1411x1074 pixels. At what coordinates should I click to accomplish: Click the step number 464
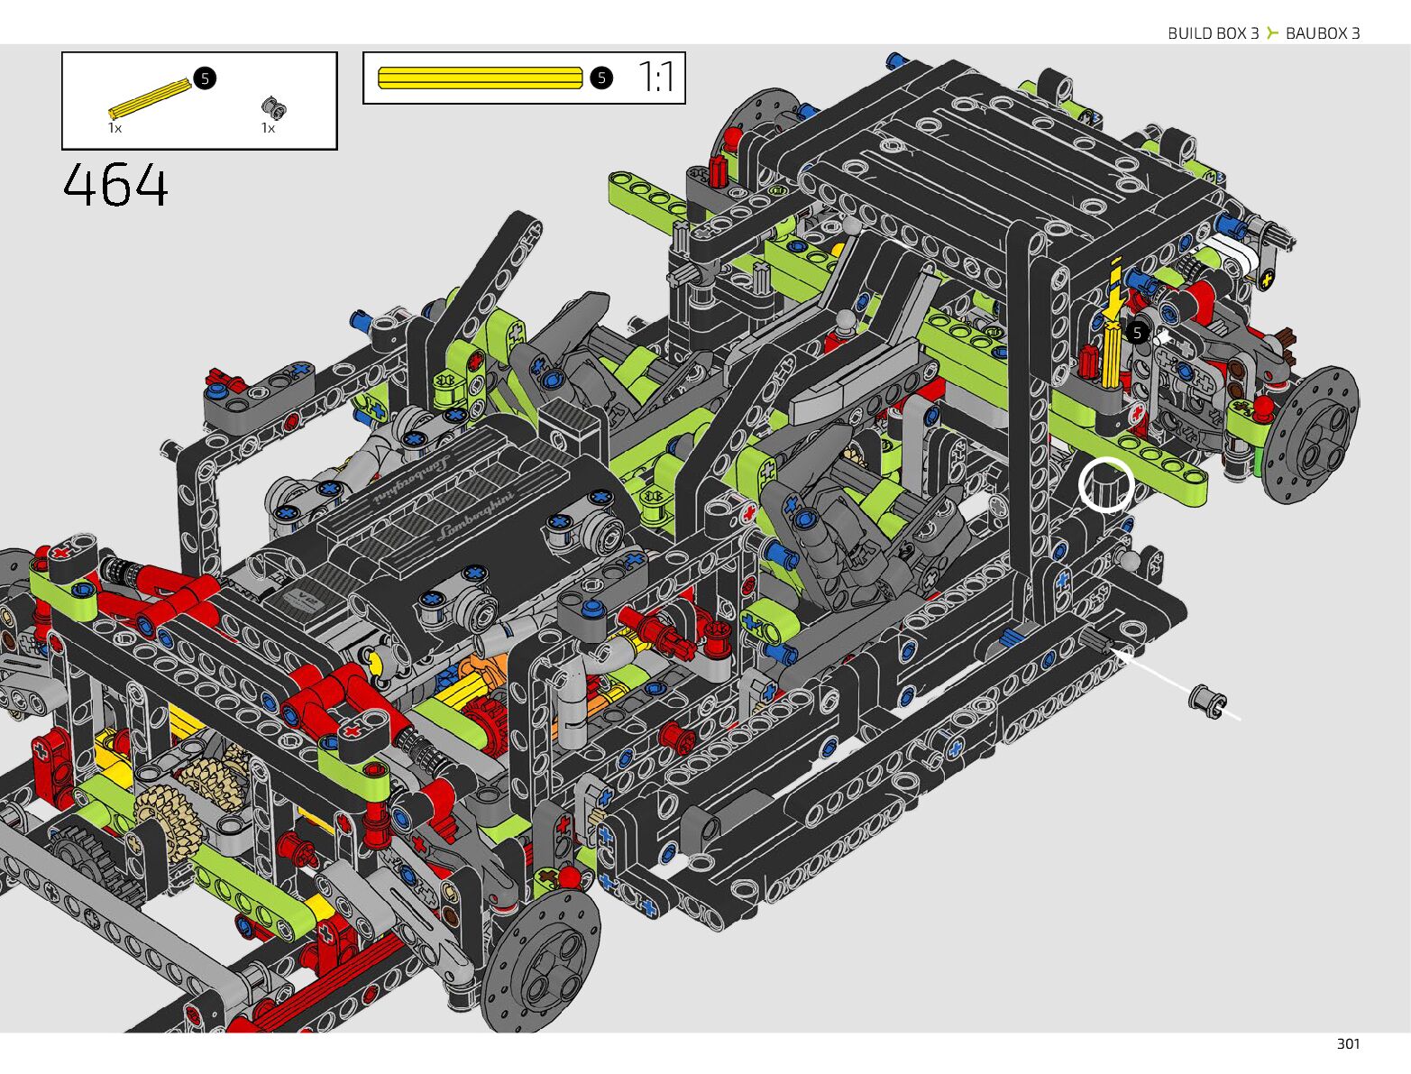pyautogui.click(x=115, y=185)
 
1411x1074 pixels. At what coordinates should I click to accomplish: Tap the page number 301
pyautogui.click(x=1348, y=1044)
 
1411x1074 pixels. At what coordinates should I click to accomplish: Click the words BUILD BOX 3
pyautogui.click(x=1213, y=33)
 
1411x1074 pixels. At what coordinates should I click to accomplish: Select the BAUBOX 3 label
pyautogui.click(x=1323, y=33)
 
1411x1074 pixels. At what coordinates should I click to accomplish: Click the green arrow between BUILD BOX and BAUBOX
pyautogui.click(x=1272, y=32)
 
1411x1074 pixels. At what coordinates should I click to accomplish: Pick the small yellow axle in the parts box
pyautogui.click(x=150, y=99)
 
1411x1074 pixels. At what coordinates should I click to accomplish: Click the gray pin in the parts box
pyautogui.click(x=274, y=107)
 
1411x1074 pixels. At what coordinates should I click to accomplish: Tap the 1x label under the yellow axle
pyautogui.click(x=115, y=128)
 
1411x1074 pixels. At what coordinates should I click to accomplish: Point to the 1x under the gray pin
pyautogui.click(x=268, y=128)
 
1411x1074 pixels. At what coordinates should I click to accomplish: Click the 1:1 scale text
pyautogui.click(x=655, y=78)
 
